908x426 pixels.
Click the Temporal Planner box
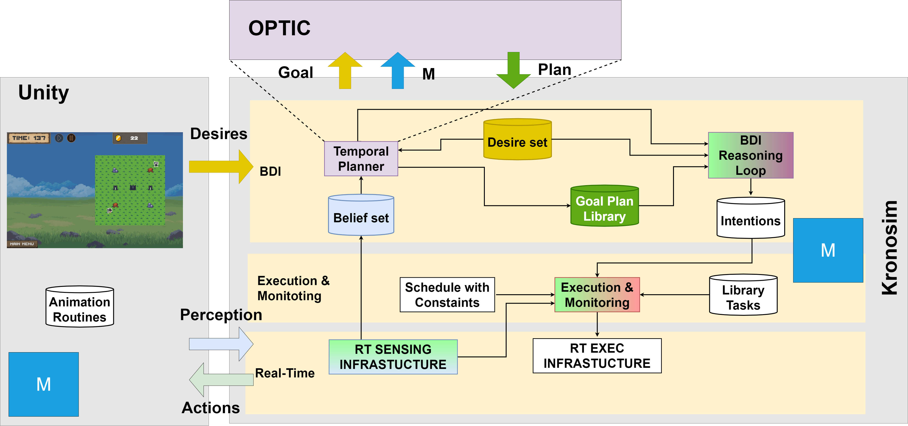(361, 159)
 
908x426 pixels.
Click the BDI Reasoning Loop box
(751, 155)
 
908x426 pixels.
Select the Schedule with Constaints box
(447, 294)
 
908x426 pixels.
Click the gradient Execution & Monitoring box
(597, 294)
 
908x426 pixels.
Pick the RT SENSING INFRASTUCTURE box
(393, 357)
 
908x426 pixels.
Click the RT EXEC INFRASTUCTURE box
(597, 355)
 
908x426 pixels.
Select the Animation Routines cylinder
(80, 307)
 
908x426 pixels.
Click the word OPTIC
(279, 28)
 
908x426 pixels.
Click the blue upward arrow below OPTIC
(397, 71)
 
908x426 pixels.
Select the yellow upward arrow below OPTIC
(345, 71)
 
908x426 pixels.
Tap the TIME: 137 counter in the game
(29, 138)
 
